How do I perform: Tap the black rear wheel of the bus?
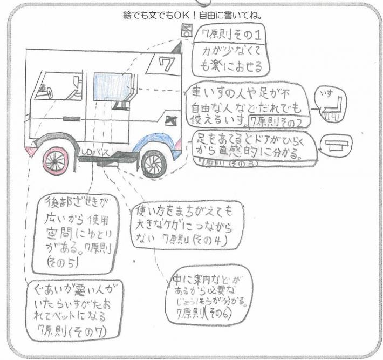(x=154, y=164)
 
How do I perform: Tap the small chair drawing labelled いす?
(x=330, y=106)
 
